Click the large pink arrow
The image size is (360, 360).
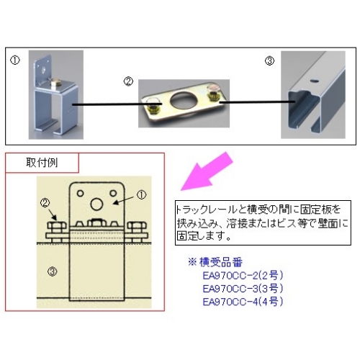coord(207,171)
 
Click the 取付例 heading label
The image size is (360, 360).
coord(42,163)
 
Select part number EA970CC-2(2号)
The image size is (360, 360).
coord(243,276)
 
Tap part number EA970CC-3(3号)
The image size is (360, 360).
coord(243,289)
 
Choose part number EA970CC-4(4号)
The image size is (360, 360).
coord(243,302)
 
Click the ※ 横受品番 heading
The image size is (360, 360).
coord(215,262)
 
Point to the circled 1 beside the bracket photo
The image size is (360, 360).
coord(15,60)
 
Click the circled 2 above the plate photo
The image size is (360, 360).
coord(128,81)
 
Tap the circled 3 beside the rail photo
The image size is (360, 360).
coord(269,60)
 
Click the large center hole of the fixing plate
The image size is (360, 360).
coord(180,99)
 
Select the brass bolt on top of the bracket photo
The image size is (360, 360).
coord(55,84)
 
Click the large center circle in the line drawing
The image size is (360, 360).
coord(96,204)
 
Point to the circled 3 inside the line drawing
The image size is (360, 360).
coord(52,271)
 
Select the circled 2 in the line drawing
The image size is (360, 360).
coord(45,203)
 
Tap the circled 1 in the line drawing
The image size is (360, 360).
coord(141,195)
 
